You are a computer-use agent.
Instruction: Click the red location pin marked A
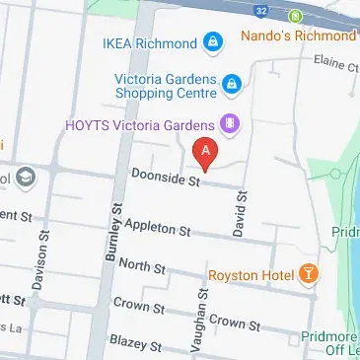click(205, 154)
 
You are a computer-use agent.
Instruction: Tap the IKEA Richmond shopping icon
click(211, 42)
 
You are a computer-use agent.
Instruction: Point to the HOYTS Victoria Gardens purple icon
click(231, 124)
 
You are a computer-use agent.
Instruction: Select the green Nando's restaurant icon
click(294, 16)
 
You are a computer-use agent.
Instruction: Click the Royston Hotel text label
click(252, 273)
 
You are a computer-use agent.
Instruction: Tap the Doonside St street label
click(166, 178)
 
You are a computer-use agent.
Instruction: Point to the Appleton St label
click(158, 229)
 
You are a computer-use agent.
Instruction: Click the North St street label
click(142, 266)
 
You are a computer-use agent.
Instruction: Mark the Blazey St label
click(135, 344)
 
